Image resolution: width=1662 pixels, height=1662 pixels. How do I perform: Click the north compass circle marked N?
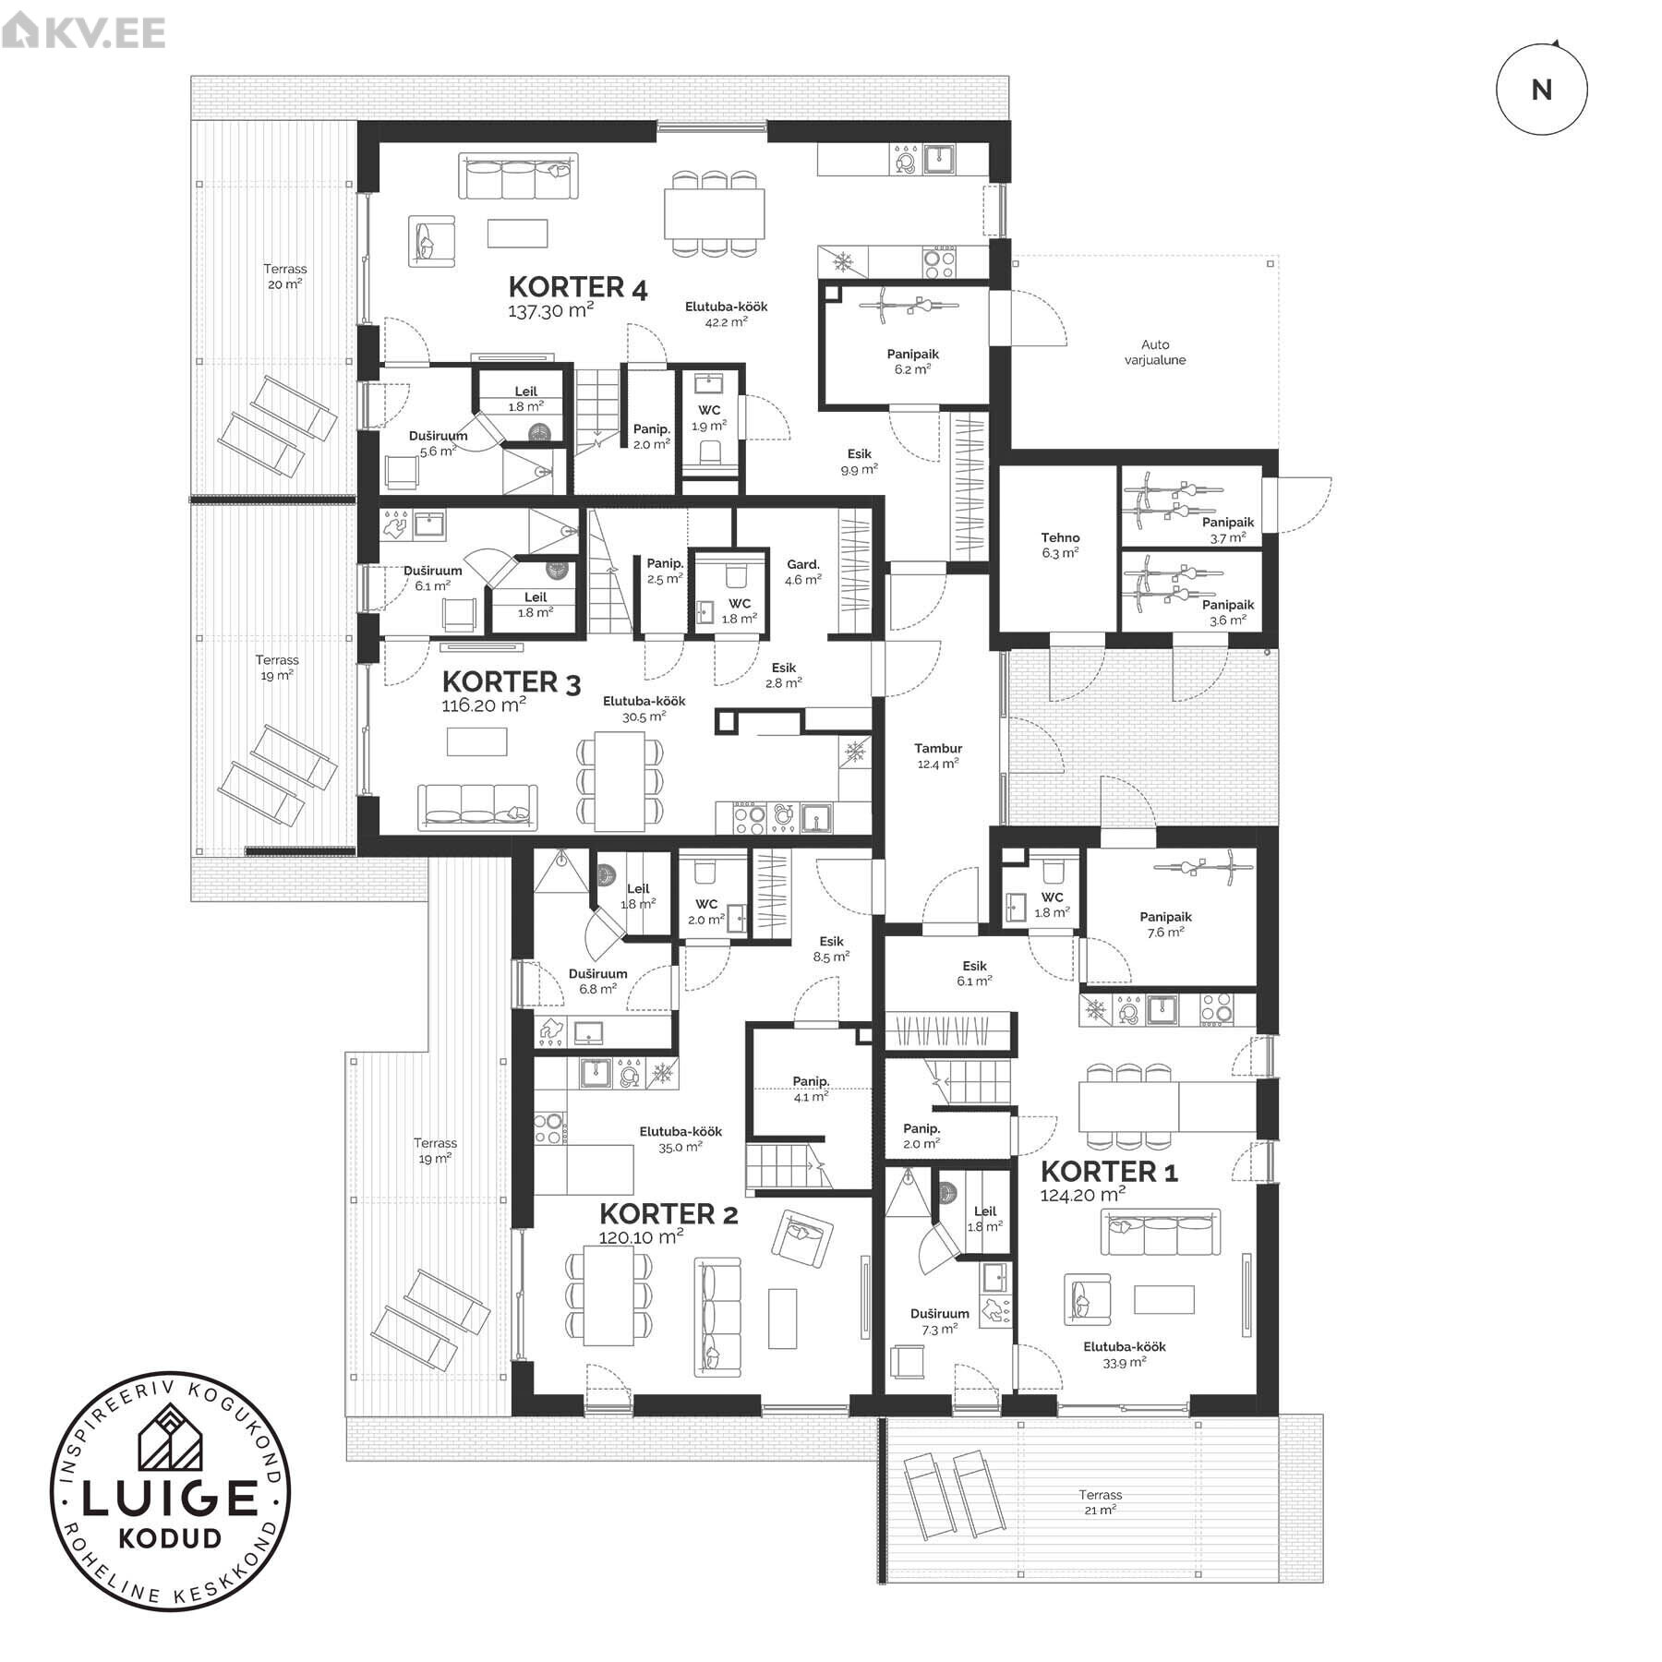tap(1541, 90)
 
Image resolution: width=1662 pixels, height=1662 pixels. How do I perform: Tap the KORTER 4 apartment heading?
tap(578, 287)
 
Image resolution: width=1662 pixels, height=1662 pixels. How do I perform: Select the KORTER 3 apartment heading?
tap(512, 682)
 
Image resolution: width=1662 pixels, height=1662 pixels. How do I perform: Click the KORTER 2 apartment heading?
tap(668, 1213)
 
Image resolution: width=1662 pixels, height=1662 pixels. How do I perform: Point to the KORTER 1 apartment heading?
tap(1109, 1171)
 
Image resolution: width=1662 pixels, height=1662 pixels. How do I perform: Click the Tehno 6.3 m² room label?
tap(1060, 545)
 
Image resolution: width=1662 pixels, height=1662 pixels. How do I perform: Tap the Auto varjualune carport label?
tap(1155, 352)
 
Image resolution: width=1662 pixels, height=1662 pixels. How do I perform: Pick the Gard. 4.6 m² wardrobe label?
tap(803, 572)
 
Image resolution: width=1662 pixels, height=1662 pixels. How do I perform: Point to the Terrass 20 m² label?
tap(285, 276)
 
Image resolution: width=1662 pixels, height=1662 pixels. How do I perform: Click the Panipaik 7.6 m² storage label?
tap(1165, 924)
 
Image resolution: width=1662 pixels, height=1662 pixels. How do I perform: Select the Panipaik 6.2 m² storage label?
tap(912, 360)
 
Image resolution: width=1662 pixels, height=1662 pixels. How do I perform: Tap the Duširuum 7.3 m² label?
tap(940, 1320)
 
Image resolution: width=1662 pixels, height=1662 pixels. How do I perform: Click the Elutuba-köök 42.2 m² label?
tap(726, 314)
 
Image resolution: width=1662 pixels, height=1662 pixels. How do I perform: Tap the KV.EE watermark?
tap(83, 32)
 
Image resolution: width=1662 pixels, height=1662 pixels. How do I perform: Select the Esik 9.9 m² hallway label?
tap(859, 461)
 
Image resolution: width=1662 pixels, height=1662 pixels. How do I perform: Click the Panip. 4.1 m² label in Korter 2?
tap(811, 1089)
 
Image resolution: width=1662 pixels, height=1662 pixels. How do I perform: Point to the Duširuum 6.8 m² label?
tap(597, 981)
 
